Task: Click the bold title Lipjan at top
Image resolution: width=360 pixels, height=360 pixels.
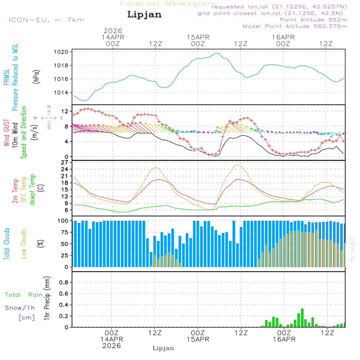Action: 144,15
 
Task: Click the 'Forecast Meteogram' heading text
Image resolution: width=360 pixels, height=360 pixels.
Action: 168,4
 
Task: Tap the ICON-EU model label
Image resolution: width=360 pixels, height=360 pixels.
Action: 46,20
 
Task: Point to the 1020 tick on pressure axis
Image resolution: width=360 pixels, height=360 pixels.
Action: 63,52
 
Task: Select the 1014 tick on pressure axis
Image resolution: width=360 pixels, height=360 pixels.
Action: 63,93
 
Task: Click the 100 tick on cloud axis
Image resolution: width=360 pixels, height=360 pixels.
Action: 64,221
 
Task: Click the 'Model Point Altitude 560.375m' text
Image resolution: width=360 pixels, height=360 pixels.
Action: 295,26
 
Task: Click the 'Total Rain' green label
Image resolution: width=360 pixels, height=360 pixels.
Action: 24,295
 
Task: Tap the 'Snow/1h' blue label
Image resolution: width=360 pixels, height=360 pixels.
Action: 20,308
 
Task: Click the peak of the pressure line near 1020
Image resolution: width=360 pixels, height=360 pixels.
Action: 216,53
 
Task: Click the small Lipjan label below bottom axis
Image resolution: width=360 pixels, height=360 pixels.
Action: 163,348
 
